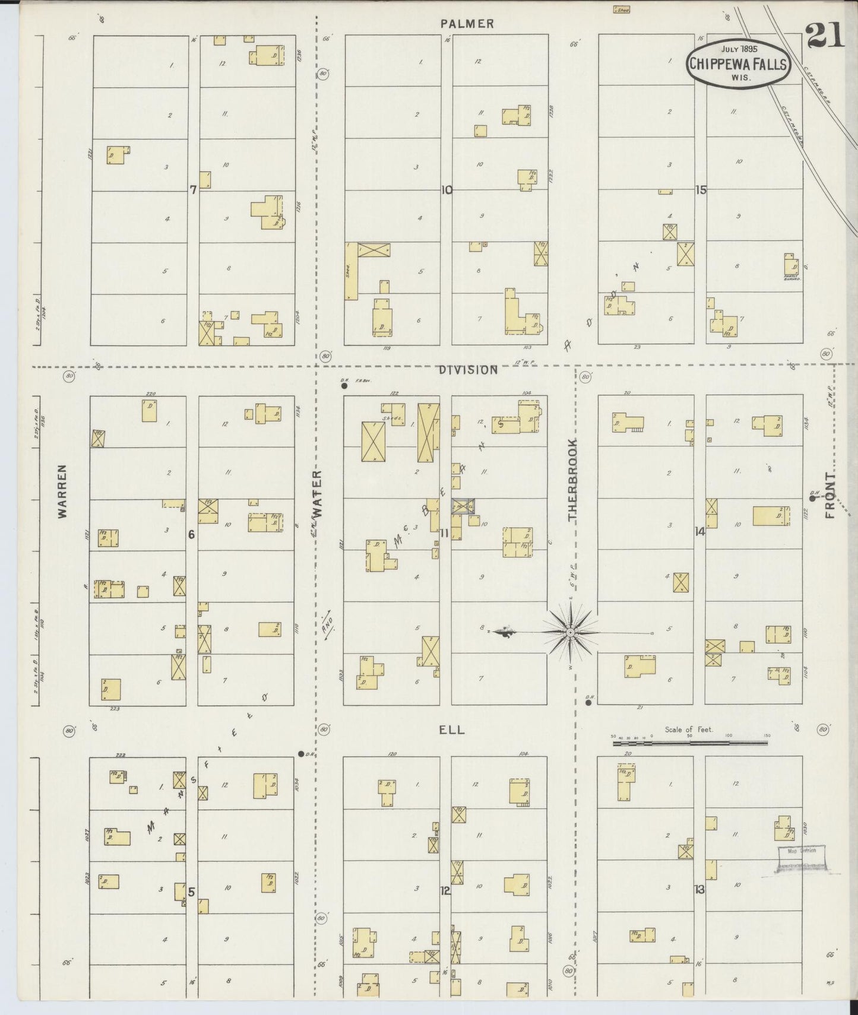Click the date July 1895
tap(739, 49)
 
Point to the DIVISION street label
tap(468, 370)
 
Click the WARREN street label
tap(63, 492)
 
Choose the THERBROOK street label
tap(572, 480)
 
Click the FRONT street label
tap(829, 495)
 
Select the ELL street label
tap(451, 730)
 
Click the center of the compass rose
tap(570, 633)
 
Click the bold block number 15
tap(702, 190)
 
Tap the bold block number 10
tap(447, 190)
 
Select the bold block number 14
tap(700, 532)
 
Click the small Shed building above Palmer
tap(622, 9)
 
